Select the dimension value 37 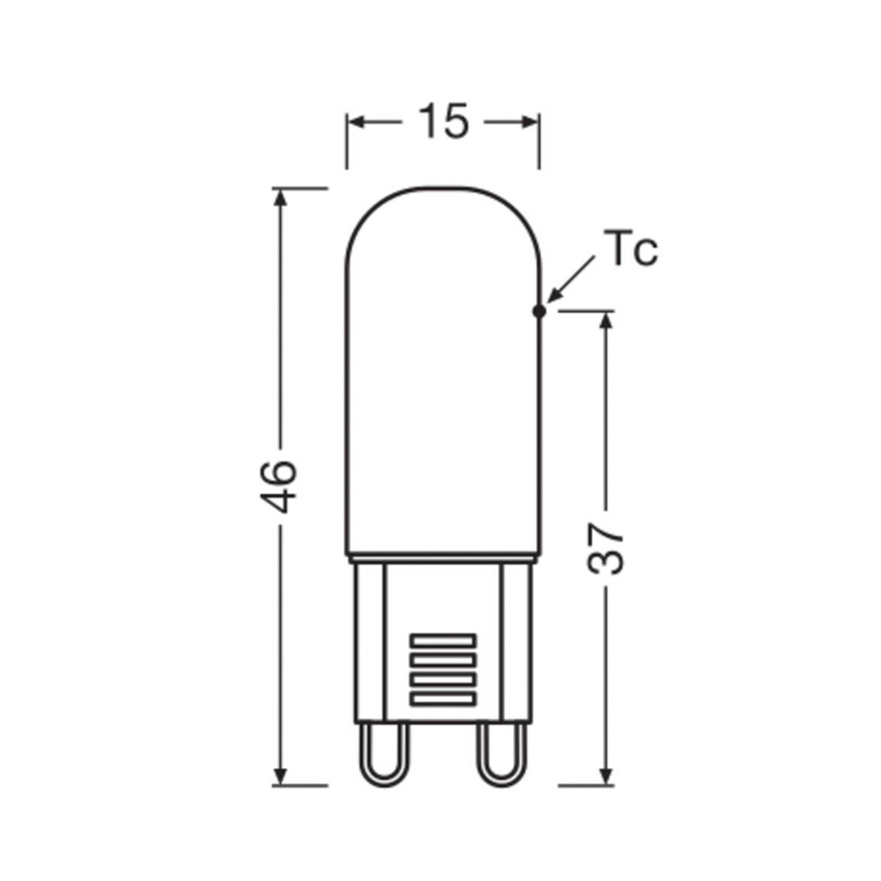(x=606, y=548)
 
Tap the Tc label (x=631, y=249)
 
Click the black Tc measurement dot (x=540, y=312)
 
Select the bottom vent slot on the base (x=443, y=699)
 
